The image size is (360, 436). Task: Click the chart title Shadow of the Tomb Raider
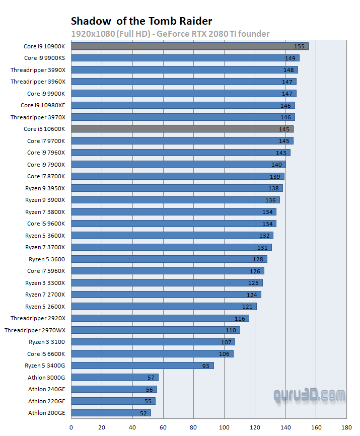(141, 21)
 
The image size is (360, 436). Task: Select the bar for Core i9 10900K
(189, 46)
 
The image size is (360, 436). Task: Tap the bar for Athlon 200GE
(111, 413)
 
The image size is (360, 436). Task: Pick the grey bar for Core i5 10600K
(182, 129)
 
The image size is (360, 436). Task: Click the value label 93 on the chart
(205, 366)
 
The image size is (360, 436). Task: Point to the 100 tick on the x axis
(224, 427)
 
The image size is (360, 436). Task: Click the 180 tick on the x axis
(347, 427)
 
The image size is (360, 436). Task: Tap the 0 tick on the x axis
(71, 427)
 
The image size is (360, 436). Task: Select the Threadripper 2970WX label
(35, 330)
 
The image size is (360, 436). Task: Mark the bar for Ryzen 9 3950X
(177, 188)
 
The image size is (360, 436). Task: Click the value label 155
(299, 46)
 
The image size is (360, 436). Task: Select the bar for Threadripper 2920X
(160, 318)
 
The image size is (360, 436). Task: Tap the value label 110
(231, 330)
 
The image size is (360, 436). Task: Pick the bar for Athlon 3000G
(114, 378)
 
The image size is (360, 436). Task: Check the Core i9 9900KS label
(44, 58)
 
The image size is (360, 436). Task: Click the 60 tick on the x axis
(163, 427)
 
